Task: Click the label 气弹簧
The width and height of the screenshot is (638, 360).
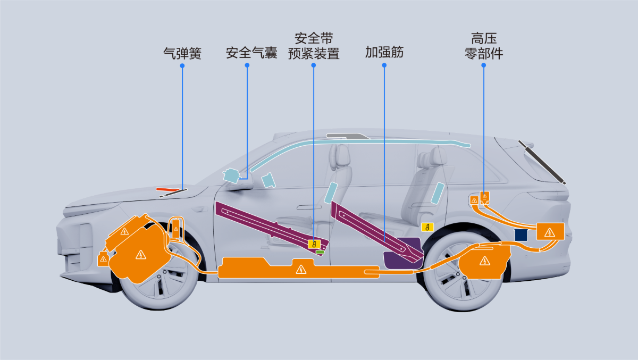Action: click(182, 53)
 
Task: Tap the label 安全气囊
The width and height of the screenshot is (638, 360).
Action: click(251, 53)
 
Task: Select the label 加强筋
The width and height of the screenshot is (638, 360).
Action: click(384, 52)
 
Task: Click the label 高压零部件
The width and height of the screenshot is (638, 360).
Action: click(484, 46)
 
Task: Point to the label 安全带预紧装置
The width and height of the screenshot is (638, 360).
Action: click(314, 46)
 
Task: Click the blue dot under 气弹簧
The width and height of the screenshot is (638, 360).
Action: click(182, 66)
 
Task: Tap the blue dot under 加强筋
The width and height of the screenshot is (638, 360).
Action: click(384, 65)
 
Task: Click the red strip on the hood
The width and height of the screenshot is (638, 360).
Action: click(167, 189)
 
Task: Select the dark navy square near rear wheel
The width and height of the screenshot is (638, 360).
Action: click(521, 235)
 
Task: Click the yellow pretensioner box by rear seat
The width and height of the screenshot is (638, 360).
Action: click(427, 227)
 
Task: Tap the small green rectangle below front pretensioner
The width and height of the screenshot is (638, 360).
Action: click(320, 252)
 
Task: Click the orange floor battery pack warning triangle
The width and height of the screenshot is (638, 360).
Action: click(301, 270)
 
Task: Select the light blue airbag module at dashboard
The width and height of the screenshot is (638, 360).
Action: click(231, 175)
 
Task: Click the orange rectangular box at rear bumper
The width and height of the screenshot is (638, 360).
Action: click(550, 231)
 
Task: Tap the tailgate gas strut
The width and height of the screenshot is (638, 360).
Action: click(542, 162)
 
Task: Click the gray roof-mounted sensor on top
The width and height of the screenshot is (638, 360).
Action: click(348, 136)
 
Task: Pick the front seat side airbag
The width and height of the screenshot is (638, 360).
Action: click(331, 193)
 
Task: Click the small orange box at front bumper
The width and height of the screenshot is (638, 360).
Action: click(103, 258)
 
